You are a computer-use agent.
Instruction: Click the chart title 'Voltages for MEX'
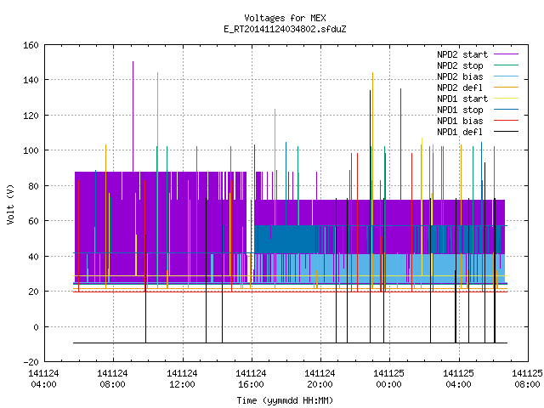point(285,18)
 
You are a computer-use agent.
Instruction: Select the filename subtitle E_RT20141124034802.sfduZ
point(285,29)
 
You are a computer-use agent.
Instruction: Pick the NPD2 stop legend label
point(460,65)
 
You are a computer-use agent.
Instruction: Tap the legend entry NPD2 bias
point(460,76)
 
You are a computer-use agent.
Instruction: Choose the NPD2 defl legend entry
point(460,88)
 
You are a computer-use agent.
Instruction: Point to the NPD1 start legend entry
point(462,99)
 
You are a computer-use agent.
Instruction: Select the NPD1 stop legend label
point(460,110)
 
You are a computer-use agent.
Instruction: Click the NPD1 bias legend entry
point(460,121)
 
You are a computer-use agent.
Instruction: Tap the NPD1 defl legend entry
point(460,133)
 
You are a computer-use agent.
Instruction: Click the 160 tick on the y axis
point(31,45)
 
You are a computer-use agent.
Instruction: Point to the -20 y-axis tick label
point(31,362)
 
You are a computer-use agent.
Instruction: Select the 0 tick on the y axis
point(36,326)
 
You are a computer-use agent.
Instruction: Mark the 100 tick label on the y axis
point(31,150)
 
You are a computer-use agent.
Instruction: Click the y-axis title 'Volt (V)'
point(10,205)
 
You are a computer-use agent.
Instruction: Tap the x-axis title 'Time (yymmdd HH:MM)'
point(285,400)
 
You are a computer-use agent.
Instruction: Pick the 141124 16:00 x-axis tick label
point(251,378)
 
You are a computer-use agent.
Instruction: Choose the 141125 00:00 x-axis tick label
point(388,378)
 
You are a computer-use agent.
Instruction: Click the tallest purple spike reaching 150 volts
point(133,116)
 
